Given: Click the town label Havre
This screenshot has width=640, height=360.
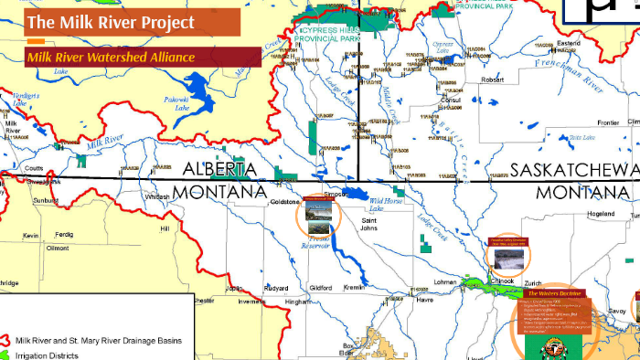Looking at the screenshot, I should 424,300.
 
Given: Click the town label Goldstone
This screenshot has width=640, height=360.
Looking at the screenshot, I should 283,201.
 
